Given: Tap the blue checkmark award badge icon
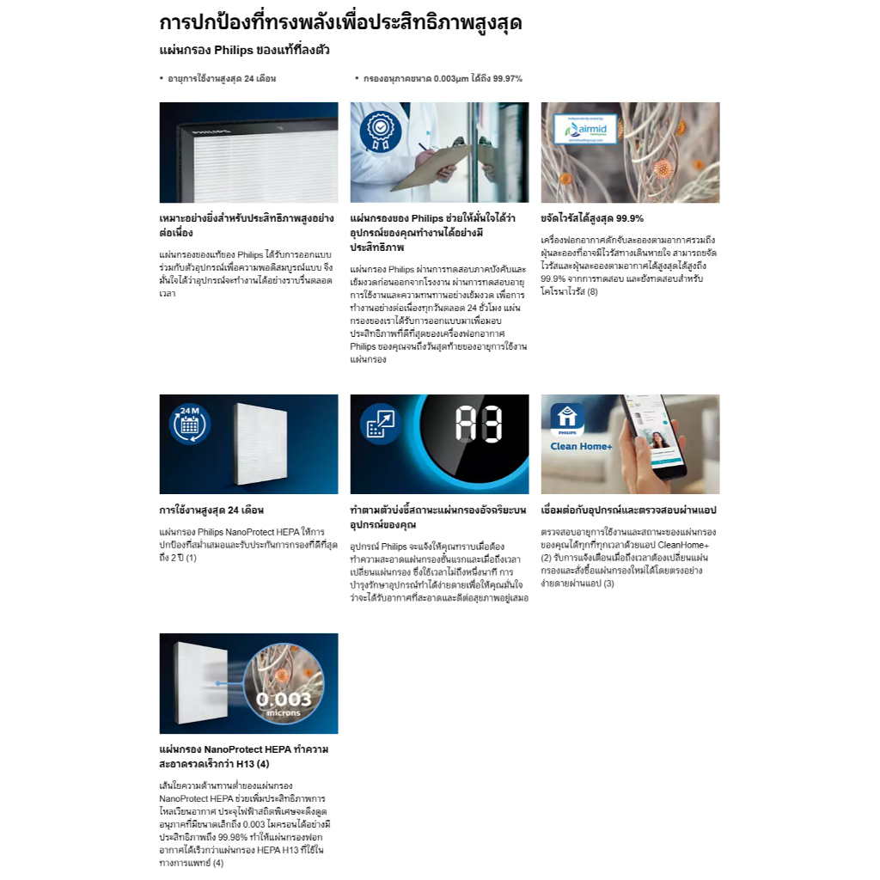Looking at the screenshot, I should [x=379, y=131].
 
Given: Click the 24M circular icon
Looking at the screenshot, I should [x=189, y=424].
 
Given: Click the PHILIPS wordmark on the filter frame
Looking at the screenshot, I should [x=206, y=134].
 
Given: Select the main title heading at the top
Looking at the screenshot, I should [x=340, y=23].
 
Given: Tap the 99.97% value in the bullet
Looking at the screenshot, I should [x=507, y=78].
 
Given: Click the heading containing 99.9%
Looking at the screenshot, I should [x=592, y=218].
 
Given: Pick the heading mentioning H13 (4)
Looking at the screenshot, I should [x=244, y=756].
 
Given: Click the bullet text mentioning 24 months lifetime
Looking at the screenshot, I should [x=223, y=78].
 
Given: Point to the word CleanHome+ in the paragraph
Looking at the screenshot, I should [x=686, y=545].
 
